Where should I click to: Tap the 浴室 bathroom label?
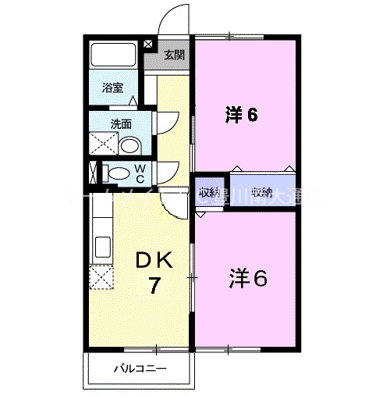[x=112, y=88]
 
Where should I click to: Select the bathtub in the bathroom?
[x=114, y=55]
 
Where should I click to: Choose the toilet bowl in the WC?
[x=116, y=173]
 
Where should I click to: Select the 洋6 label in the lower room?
[x=248, y=277]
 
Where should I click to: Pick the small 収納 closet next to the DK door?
[x=207, y=193]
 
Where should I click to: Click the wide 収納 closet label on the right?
[x=262, y=192]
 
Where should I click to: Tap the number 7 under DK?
[x=155, y=287]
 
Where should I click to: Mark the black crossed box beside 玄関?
[x=150, y=44]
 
